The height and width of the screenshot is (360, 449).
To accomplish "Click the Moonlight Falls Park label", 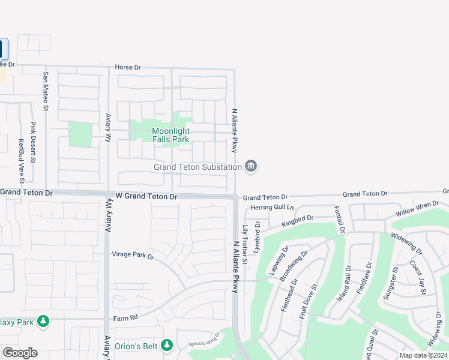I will click(170, 135).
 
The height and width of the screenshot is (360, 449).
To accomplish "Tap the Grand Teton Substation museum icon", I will click(251, 166).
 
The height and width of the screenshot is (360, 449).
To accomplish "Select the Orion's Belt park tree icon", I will click(167, 345).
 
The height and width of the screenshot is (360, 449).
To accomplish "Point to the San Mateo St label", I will click(45, 92).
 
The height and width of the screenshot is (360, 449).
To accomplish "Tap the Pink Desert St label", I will click(33, 143).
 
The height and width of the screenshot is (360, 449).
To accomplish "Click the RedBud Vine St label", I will click(21, 161).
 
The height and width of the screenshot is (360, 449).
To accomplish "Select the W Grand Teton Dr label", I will click(147, 196).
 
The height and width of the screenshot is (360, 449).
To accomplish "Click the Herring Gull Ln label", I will click(273, 208).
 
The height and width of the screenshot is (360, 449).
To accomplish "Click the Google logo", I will click(20, 353).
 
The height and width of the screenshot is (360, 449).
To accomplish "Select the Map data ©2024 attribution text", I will click(423, 355).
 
